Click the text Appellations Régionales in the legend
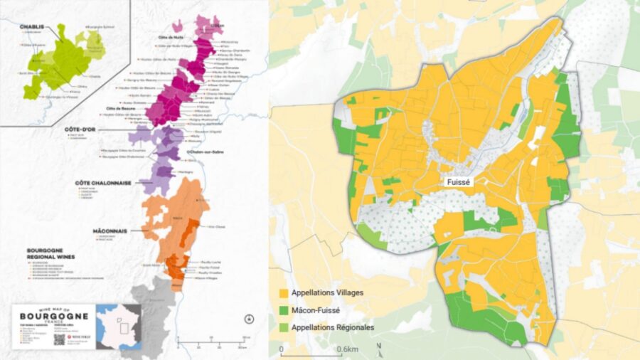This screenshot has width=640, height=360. point(334,327)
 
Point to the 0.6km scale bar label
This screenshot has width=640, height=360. point(347,349)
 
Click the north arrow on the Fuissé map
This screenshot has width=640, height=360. point(379,348)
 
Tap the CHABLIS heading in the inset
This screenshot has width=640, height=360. point(31,26)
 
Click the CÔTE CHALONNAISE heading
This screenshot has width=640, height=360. point(103,183)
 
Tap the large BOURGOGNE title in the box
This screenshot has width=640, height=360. point(54,315)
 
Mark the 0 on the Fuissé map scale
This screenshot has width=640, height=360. point(282,349)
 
